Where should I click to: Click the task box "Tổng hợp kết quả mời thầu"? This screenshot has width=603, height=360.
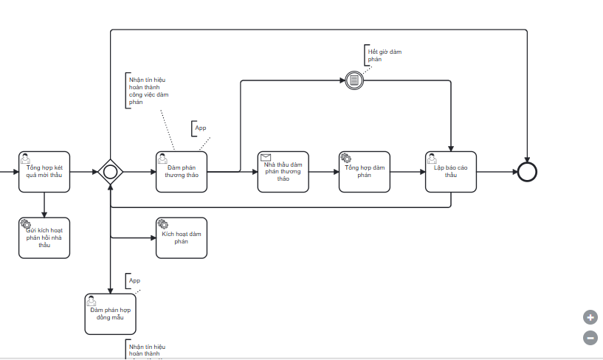[x=44, y=172]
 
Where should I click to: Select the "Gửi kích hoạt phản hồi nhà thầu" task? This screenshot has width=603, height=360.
[x=44, y=238]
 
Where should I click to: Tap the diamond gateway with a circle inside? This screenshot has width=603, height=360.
[x=110, y=172]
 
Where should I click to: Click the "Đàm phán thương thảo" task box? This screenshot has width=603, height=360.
[x=182, y=172]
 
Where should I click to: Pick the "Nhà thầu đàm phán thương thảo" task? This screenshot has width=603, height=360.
[x=283, y=172]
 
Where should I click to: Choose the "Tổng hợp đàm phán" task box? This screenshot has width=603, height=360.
[x=364, y=172]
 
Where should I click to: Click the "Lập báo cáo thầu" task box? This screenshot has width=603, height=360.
[x=451, y=172]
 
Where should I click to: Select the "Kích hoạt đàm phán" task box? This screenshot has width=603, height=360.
[x=182, y=238]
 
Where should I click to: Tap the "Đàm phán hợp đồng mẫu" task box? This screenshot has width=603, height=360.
[x=110, y=314]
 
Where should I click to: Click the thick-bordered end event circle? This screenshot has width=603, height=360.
[x=527, y=172]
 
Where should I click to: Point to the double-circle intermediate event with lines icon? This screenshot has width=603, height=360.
[x=354, y=80]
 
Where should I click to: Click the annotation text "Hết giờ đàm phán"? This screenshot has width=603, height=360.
[x=385, y=55]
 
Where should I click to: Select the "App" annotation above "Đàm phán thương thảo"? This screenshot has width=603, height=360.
[x=200, y=128]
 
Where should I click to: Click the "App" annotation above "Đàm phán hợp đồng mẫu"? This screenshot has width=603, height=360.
[x=134, y=280]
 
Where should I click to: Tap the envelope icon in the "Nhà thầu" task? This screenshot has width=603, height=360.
[x=266, y=157]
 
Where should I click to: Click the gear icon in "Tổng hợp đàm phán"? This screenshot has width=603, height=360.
[x=345, y=157]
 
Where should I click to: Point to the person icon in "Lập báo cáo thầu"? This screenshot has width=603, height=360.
[x=433, y=157]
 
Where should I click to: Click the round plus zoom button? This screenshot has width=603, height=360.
[x=590, y=318]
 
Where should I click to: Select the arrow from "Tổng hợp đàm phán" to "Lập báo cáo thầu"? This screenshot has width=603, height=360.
[x=407, y=172]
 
